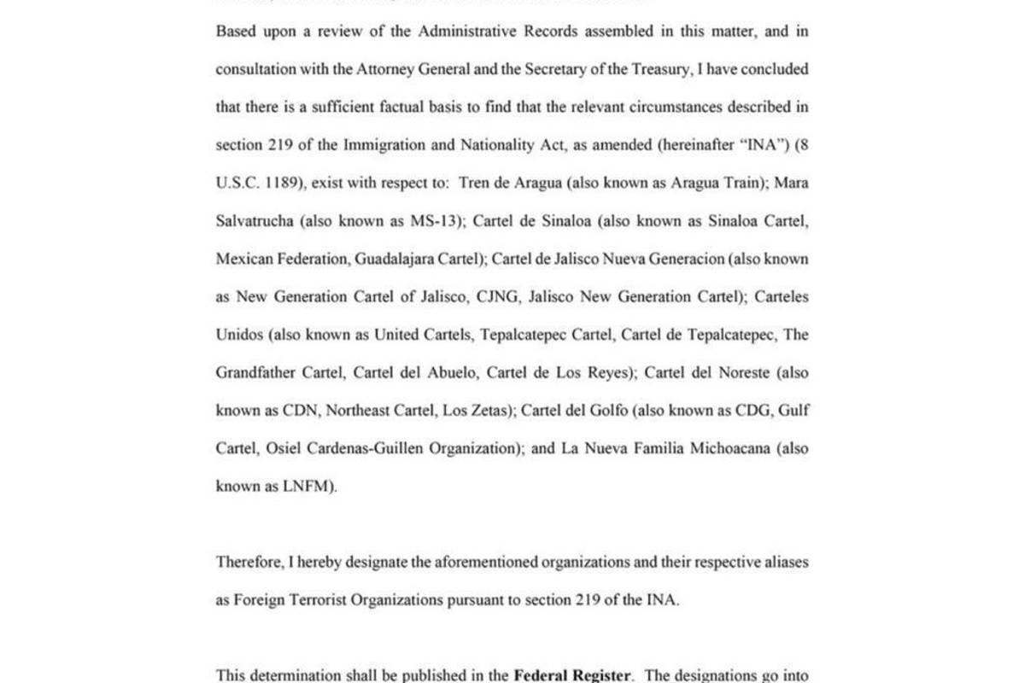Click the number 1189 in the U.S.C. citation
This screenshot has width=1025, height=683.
(x=281, y=183)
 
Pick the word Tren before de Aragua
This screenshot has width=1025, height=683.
(x=474, y=183)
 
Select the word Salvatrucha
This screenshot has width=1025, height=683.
(x=254, y=221)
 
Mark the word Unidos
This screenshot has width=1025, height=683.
(x=239, y=335)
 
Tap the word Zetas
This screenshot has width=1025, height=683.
(x=489, y=411)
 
